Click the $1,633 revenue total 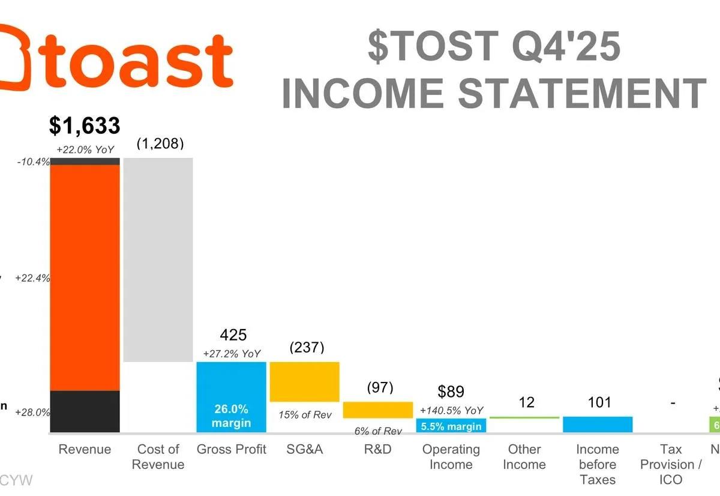click(85, 126)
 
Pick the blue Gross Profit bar click(231, 384)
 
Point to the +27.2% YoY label click(232, 354)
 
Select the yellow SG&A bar click(305, 381)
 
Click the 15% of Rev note click(305, 415)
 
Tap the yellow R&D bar click(378, 410)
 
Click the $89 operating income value click(451, 392)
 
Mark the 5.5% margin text click(451, 426)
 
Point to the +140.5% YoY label click(451, 411)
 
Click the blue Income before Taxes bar click(598, 424)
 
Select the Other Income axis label click(524, 457)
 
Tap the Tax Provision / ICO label click(671, 464)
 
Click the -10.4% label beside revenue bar click(34, 162)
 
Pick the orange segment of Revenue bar click(85, 276)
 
